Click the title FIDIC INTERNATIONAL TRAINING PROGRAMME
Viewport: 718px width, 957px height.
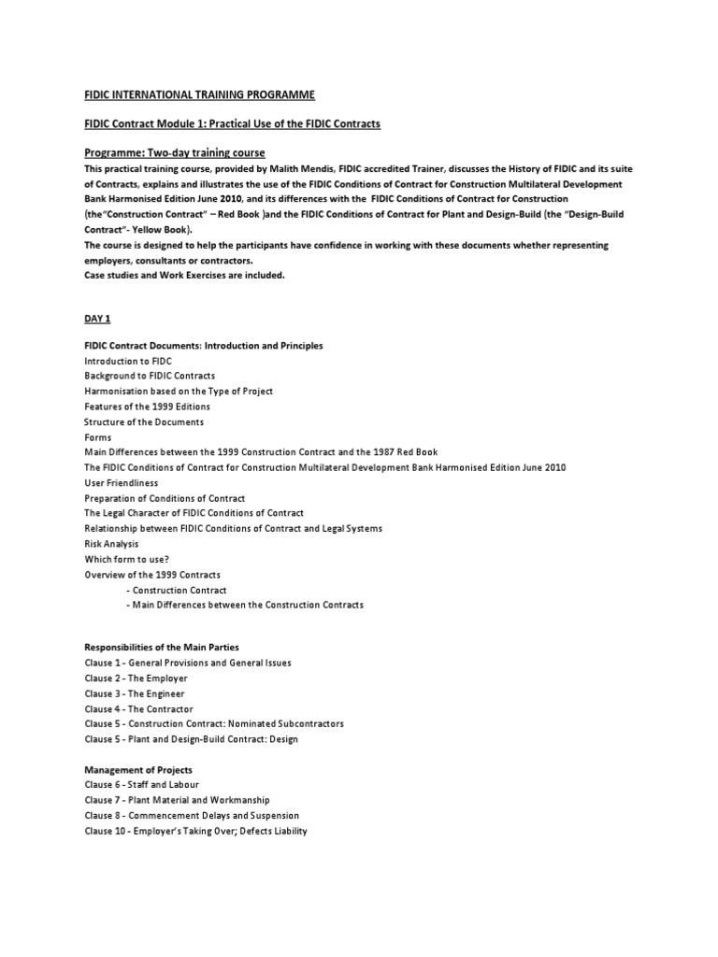point(200,95)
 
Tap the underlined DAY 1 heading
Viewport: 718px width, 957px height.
point(97,319)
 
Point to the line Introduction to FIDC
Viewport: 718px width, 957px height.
point(128,361)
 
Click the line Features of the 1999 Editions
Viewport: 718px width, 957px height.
point(147,407)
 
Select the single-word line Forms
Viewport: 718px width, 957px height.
point(98,437)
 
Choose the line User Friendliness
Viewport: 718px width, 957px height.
point(122,483)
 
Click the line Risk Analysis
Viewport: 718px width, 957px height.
point(111,544)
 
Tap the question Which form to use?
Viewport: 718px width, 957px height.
point(126,559)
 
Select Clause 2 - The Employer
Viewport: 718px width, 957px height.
point(136,678)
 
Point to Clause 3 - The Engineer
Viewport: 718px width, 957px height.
point(135,693)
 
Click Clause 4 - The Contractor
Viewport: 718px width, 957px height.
point(139,709)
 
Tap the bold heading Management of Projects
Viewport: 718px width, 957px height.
point(138,770)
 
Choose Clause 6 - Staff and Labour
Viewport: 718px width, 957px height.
point(142,785)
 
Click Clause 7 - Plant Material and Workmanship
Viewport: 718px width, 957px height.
point(177,800)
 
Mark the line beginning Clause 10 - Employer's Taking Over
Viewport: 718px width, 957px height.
point(195,831)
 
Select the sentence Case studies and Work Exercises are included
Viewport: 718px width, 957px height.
point(184,275)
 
